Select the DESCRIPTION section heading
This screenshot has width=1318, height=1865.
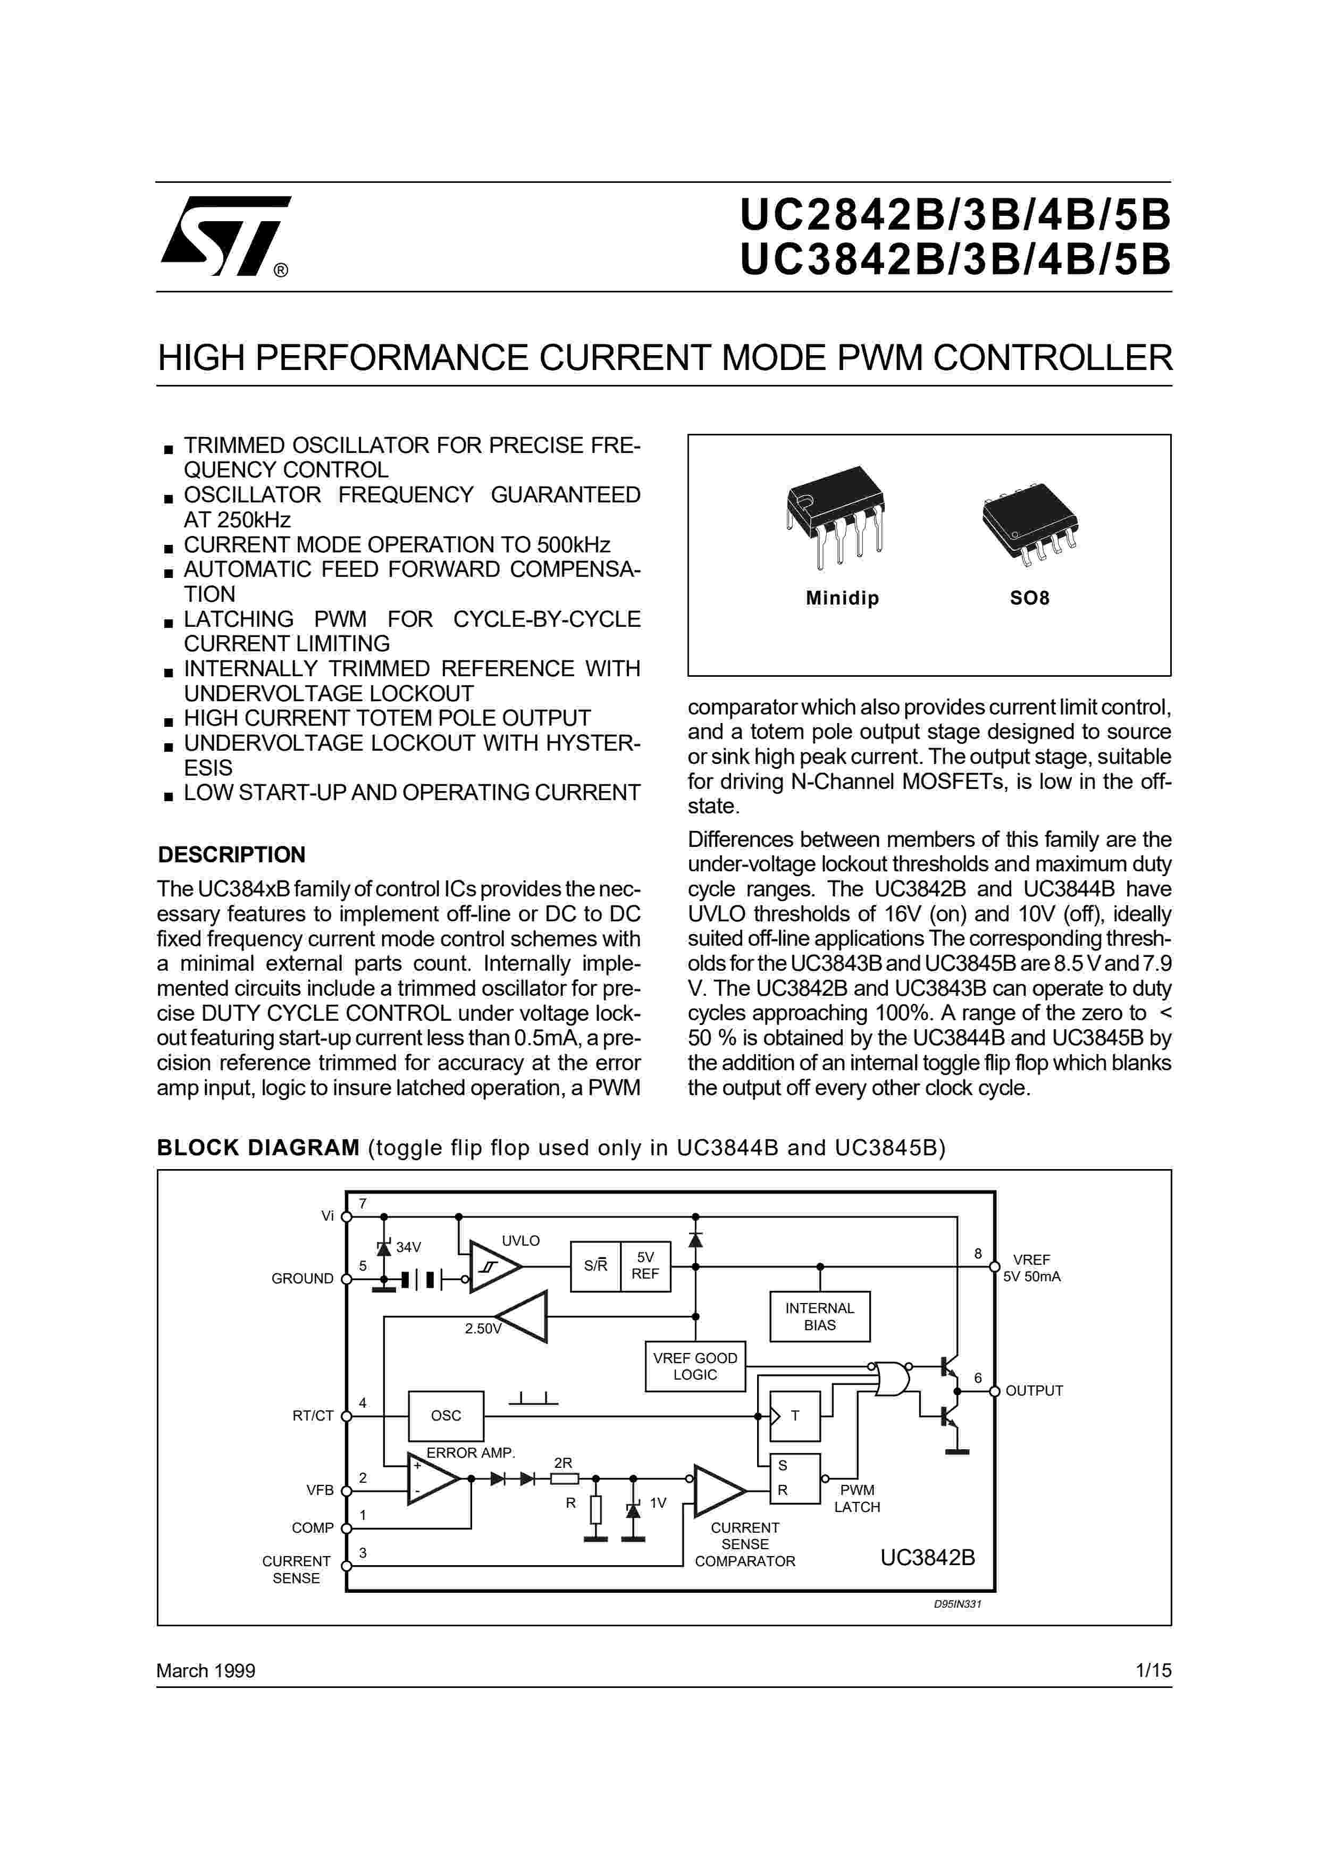pyautogui.click(x=231, y=854)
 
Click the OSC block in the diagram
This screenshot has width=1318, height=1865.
pyautogui.click(x=446, y=1415)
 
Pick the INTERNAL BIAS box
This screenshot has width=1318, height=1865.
pyautogui.click(x=819, y=1316)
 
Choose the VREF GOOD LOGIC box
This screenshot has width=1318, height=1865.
pyautogui.click(x=695, y=1366)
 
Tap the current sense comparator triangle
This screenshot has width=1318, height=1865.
pyautogui.click(x=716, y=1491)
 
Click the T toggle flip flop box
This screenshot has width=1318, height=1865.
pyautogui.click(x=794, y=1416)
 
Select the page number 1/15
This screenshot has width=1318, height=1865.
pyautogui.click(x=1153, y=1670)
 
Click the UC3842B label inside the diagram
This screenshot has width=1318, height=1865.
pyautogui.click(x=927, y=1557)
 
